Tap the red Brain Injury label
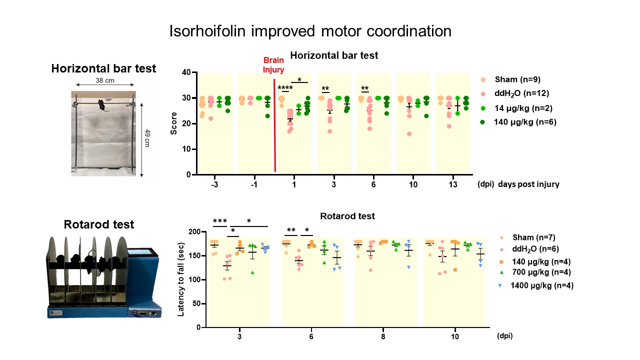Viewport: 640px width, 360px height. click(x=274, y=65)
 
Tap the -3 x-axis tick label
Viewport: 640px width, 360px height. click(x=214, y=184)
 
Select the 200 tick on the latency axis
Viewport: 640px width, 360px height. click(x=194, y=232)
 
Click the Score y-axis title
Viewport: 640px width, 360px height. click(x=174, y=123)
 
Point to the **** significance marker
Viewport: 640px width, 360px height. click(x=285, y=88)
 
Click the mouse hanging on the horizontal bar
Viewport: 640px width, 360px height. click(x=101, y=105)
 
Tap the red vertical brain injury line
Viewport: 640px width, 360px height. click(x=275, y=125)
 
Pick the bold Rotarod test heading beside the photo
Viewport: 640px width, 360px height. click(x=99, y=224)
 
